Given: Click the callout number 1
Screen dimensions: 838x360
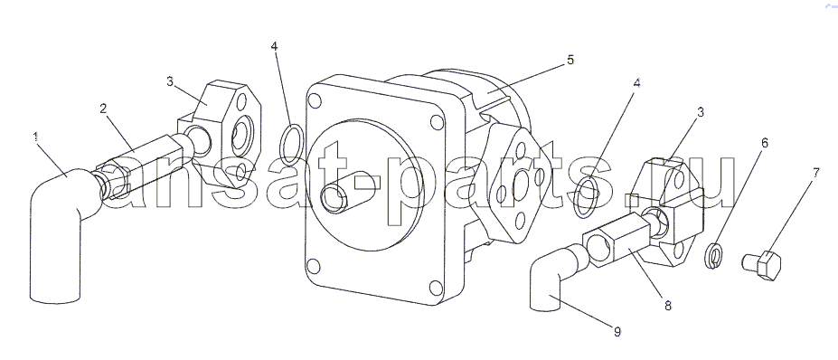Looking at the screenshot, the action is pyautogui.click(x=36, y=137).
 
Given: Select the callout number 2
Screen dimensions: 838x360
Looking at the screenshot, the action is pyautogui.click(x=104, y=109).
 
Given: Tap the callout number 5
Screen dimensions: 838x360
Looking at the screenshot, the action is pyautogui.click(x=570, y=60).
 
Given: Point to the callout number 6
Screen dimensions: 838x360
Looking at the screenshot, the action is pyautogui.click(x=765, y=143).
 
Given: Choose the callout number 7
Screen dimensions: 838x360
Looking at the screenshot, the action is pyautogui.click(x=816, y=173).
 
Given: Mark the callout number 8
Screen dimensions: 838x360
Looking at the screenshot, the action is pyautogui.click(x=667, y=306).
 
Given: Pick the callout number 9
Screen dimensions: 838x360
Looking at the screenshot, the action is pyautogui.click(x=617, y=332).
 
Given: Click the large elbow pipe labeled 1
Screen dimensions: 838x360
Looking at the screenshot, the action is pyautogui.click(x=60, y=230).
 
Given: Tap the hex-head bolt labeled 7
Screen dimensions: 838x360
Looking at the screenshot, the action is pyautogui.click(x=762, y=264).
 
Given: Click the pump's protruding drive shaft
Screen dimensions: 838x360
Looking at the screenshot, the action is pyautogui.click(x=341, y=192).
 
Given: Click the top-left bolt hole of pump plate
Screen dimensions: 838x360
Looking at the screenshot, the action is pyautogui.click(x=315, y=100).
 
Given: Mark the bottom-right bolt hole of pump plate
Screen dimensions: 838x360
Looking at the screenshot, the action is pyautogui.click(x=436, y=288).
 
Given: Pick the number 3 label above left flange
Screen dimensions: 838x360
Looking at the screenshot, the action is pyautogui.click(x=169, y=81).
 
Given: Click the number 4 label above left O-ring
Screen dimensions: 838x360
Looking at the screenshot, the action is pyautogui.click(x=274, y=46).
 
